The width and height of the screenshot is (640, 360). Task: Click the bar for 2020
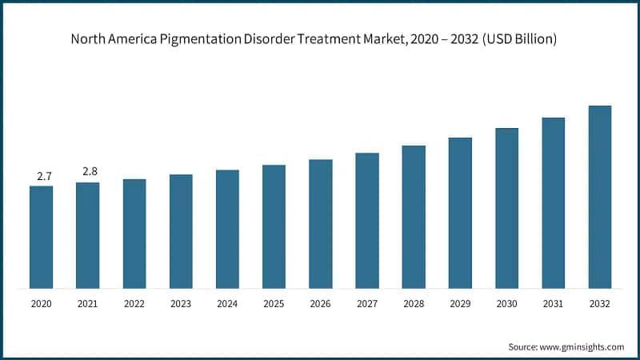[42, 237]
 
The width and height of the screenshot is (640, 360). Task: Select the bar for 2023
[181, 231]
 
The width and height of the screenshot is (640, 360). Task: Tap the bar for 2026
[320, 223]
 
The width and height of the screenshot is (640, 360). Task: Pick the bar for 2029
[460, 213]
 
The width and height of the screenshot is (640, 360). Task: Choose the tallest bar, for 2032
[599, 197]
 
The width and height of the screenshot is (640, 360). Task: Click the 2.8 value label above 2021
[88, 171]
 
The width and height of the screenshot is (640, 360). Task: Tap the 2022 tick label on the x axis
[134, 304]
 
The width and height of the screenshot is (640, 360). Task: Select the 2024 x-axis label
[227, 304]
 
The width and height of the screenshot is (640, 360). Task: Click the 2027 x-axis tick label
[367, 304]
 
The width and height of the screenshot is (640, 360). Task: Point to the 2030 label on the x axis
[506, 304]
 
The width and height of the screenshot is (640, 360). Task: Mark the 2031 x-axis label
[553, 304]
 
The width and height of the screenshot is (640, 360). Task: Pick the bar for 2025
[274, 226]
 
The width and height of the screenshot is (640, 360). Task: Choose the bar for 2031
[553, 202]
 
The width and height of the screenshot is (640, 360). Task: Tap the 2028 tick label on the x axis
[414, 304]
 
